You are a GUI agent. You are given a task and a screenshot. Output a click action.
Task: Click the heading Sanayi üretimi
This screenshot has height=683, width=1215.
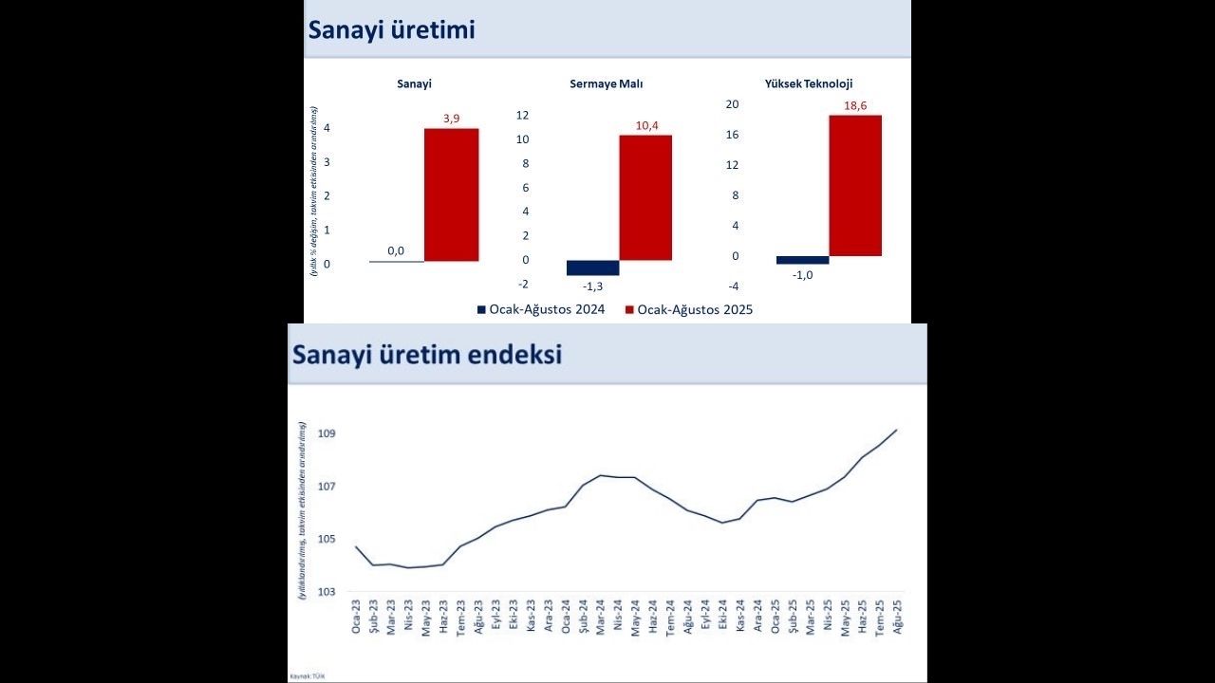tap(391, 29)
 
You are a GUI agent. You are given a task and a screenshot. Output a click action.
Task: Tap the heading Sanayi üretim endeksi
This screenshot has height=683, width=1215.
tap(427, 355)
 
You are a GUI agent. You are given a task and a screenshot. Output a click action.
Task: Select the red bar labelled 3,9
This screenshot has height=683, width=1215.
tap(451, 194)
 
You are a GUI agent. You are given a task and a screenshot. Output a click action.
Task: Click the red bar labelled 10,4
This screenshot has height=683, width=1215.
tap(645, 197)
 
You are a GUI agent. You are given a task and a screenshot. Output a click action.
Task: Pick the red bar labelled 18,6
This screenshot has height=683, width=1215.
tap(855, 186)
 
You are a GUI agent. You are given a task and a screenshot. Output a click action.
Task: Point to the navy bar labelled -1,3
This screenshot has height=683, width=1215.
tap(592, 268)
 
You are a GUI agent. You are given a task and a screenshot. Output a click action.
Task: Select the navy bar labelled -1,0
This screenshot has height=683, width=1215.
tap(802, 260)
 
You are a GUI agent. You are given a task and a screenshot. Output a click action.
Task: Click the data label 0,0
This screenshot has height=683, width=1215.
tap(396, 251)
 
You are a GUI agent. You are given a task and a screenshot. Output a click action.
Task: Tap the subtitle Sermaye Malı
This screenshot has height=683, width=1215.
tap(606, 83)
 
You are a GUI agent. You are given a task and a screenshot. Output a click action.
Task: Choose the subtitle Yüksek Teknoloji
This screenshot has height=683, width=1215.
tap(808, 83)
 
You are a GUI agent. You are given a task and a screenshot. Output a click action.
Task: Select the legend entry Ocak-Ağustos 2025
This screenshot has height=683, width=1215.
tap(694, 309)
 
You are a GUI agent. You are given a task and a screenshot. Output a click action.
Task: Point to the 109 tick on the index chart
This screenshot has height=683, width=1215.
tap(327, 434)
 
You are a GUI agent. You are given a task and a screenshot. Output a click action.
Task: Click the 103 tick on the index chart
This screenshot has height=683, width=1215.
tap(327, 592)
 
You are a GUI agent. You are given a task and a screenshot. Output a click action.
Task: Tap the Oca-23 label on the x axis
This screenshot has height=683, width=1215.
tap(356, 618)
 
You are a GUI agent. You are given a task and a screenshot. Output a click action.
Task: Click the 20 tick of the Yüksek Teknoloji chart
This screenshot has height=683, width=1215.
tap(732, 104)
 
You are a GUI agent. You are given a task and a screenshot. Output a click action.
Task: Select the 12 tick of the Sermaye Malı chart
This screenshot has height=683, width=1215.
tap(522, 115)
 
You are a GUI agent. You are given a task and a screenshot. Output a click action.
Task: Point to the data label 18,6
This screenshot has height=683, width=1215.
tap(855, 105)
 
